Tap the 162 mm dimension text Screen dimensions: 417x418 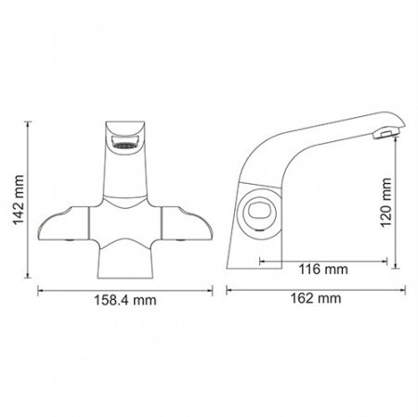[316, 299]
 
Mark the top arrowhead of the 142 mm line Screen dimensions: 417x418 [29, 117]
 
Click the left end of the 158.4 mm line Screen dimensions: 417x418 [40, 288]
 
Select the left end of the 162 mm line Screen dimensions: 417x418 [229, 288]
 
